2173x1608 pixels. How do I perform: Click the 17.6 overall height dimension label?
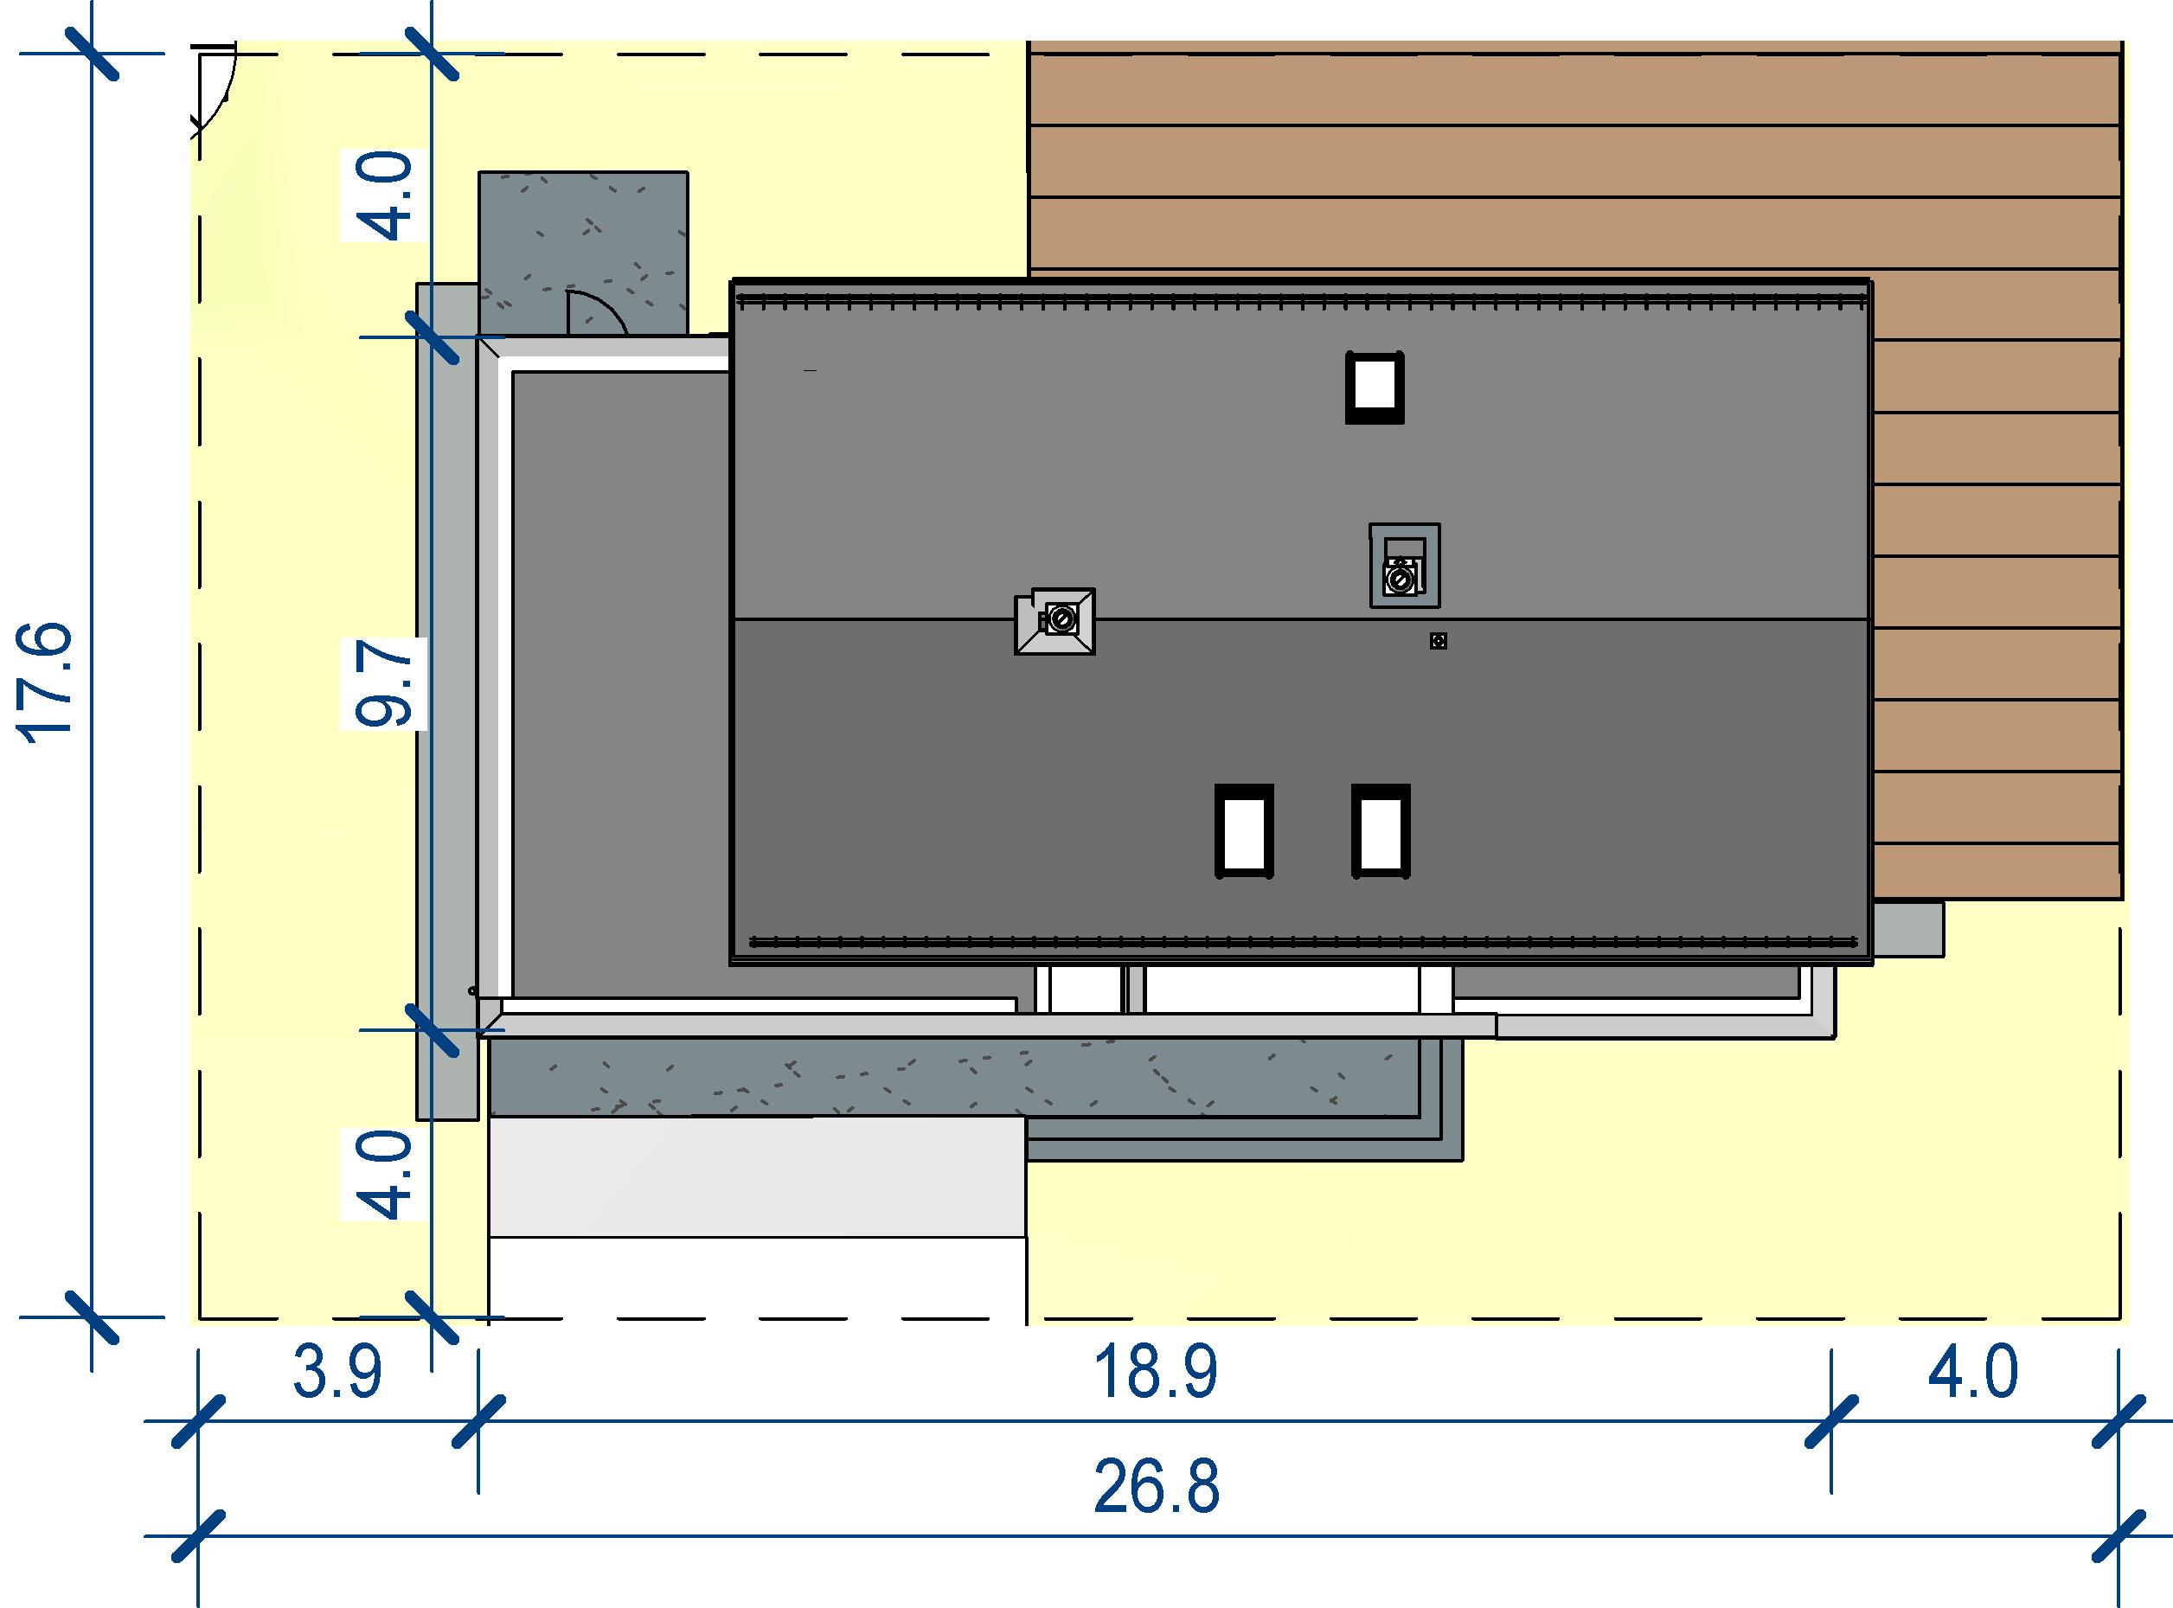pyautogui.click(x=47, y=683)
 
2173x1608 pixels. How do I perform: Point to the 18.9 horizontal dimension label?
pyautogui.click(x=1156, y=1373)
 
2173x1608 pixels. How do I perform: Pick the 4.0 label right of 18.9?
pyautogui.click(x=1972, y=1373)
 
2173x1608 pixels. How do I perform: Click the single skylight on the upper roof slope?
pyautogui.click(x=1374, y=387)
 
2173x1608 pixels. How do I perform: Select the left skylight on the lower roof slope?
pyautogui.click(x=1244, y=831)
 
